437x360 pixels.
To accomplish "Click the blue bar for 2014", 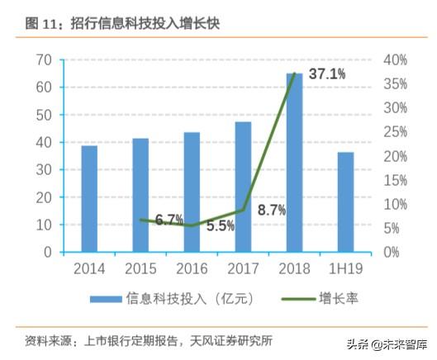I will click(88, 198).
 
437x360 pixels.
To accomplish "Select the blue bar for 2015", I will click(140, 195).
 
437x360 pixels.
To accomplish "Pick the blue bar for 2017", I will click(243, 187).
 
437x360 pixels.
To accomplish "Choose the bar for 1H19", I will click(345, 201).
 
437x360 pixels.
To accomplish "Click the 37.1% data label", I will click(327, 74).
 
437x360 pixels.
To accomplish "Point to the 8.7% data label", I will click(272, 211).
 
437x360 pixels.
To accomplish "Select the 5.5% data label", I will click(220, 225).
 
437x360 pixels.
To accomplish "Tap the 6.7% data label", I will click(169, 220).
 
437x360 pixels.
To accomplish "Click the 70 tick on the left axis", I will click(45, 60).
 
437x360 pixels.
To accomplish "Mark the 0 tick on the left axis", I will click(49, 252).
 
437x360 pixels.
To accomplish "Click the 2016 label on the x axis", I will click(192, 268).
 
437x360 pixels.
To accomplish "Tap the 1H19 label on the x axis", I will click(345, 268).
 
